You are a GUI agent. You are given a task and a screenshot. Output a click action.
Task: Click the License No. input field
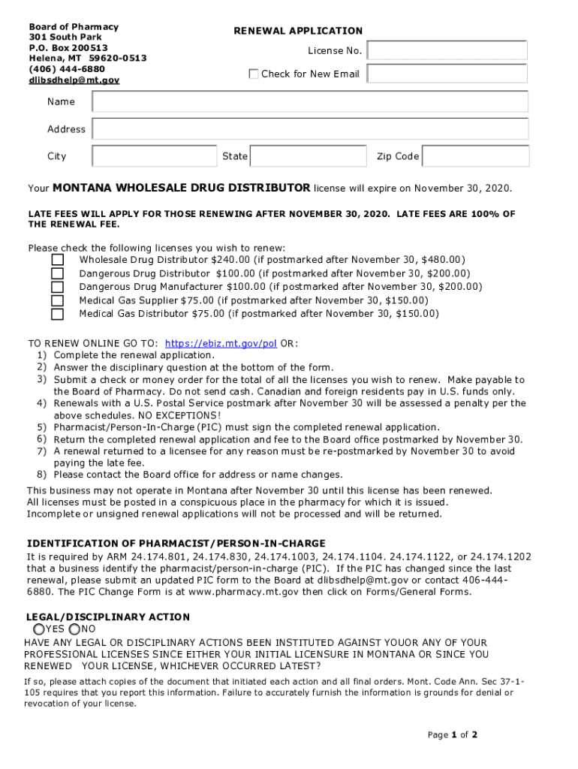447,50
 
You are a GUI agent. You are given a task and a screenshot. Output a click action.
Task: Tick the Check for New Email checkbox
254,74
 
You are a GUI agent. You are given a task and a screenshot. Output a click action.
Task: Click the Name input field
310,101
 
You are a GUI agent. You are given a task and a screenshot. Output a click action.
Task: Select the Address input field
310,129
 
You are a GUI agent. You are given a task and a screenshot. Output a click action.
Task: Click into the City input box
155,156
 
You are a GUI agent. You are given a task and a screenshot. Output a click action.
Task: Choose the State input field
308,156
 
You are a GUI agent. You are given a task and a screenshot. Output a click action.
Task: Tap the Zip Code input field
476,156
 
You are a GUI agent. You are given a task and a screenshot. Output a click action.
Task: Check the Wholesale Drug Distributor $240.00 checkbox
58,260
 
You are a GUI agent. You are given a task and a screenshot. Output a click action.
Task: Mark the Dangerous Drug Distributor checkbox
58,273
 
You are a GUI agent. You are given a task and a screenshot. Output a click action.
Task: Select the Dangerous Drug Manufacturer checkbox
58,287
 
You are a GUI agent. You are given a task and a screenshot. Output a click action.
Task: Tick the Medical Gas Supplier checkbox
58,300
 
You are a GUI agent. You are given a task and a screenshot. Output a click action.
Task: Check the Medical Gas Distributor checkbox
58,314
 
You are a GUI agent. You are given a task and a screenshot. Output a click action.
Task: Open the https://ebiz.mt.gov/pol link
221,343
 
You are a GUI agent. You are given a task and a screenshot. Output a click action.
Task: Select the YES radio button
38,629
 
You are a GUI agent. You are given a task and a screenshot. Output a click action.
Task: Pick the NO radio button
74,629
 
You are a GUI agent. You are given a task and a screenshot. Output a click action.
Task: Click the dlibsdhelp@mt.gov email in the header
74,80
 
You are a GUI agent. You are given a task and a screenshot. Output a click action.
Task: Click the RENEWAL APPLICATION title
298,31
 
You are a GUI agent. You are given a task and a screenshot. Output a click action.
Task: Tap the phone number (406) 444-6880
67,68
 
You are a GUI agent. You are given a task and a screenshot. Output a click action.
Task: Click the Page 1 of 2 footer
453,734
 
